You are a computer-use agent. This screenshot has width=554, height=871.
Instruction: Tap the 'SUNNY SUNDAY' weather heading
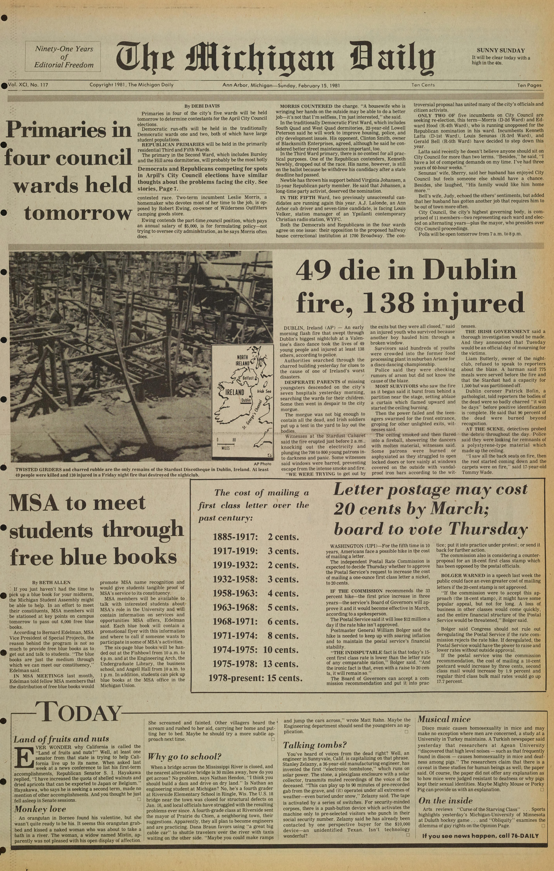point(500,51)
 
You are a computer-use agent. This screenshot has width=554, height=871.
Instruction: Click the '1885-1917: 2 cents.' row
point(255,537)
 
